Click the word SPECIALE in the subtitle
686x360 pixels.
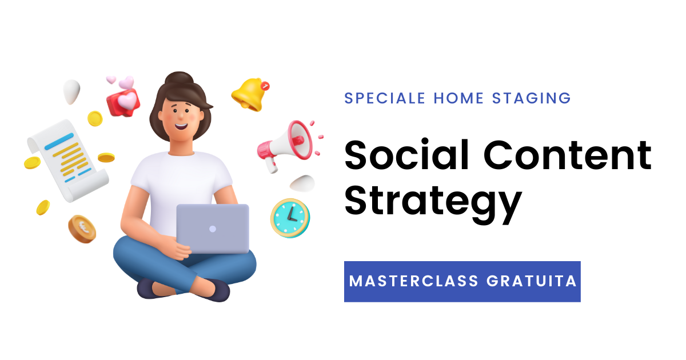385,98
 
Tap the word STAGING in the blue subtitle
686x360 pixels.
531,98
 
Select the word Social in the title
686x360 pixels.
406,155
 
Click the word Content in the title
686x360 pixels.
568,155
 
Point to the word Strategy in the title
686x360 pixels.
433,204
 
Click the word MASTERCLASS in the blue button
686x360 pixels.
414,281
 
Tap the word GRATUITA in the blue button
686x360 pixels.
532,281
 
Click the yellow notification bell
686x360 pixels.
249,95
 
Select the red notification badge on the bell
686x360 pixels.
265,86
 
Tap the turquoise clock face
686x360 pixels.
290,217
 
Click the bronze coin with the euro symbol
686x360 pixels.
82,229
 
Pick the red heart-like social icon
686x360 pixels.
123,102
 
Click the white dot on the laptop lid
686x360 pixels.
213,229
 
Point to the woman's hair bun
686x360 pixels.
180,78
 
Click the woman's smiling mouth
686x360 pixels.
181,126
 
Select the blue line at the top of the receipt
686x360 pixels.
59,142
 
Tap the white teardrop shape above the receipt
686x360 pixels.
71,91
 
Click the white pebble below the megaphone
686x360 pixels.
302,183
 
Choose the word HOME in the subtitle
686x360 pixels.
458,98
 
